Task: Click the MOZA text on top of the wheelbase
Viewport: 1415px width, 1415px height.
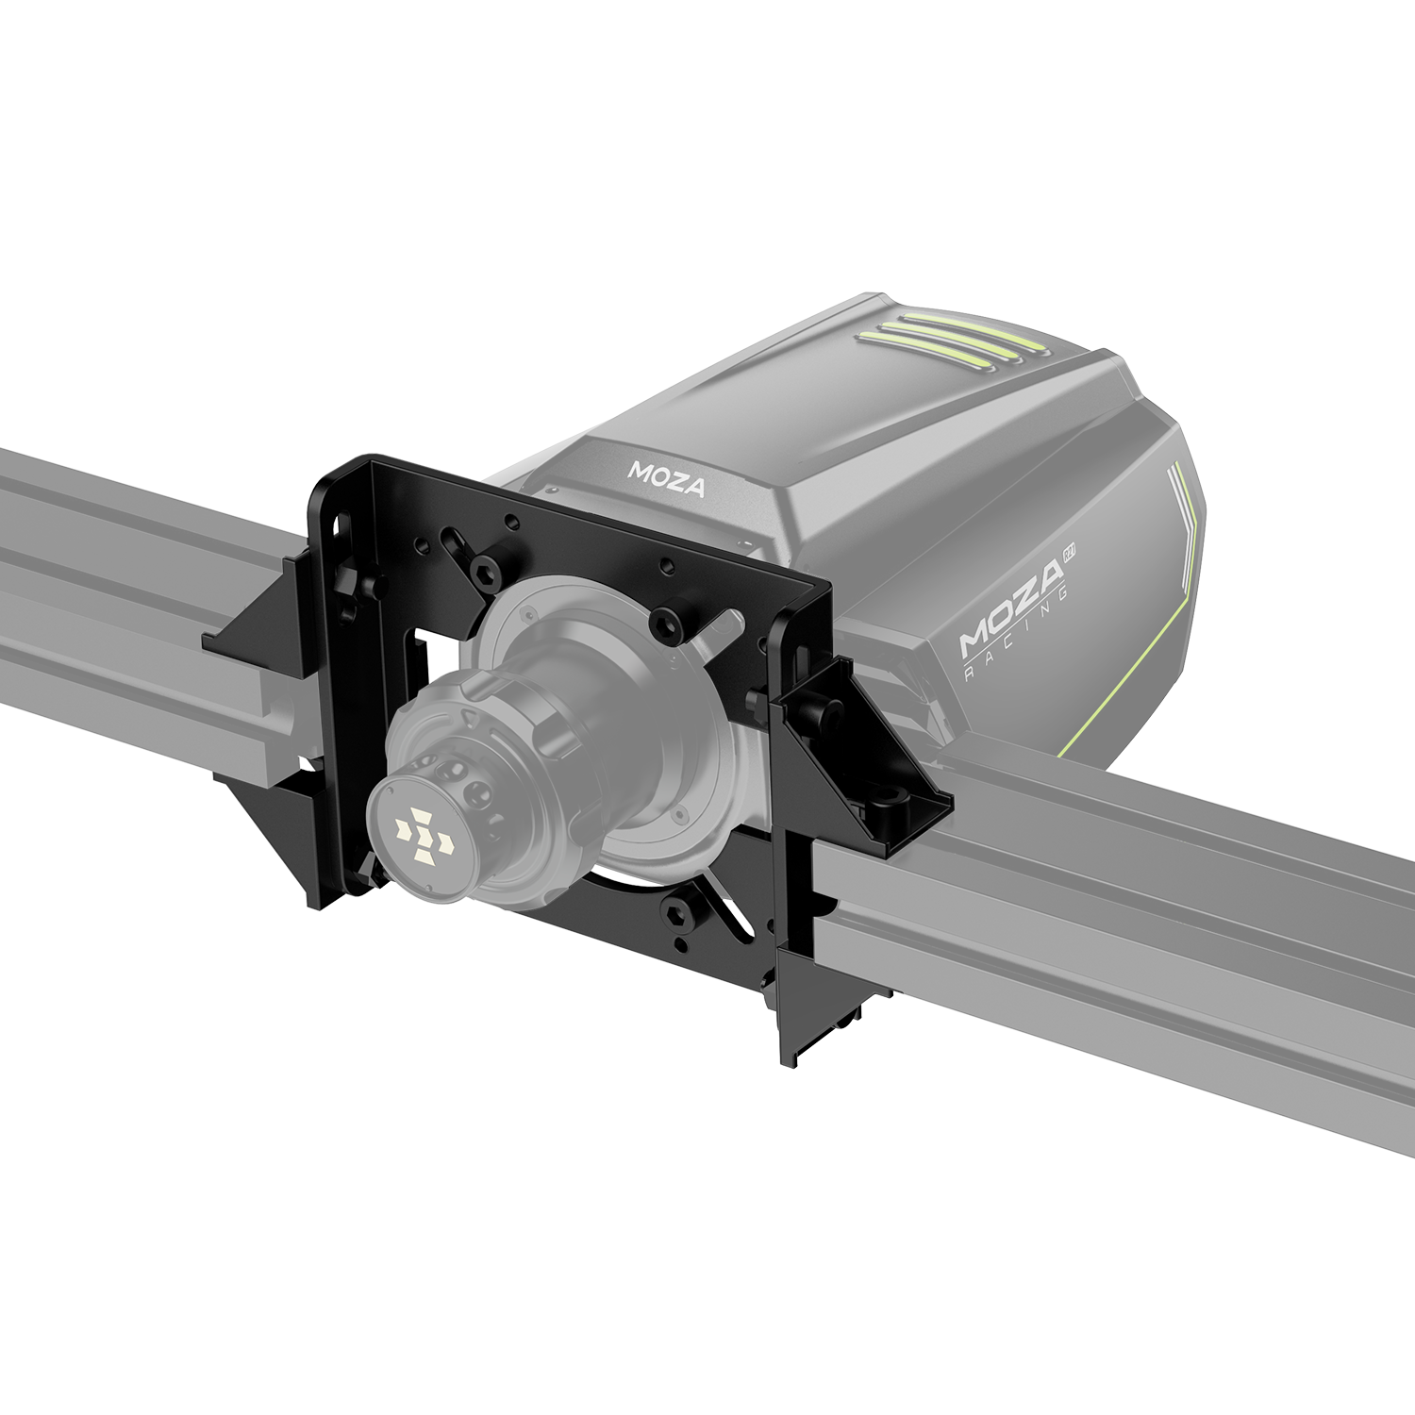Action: tap(666, 479)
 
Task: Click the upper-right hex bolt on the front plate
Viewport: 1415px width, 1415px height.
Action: tap(669, 623)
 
